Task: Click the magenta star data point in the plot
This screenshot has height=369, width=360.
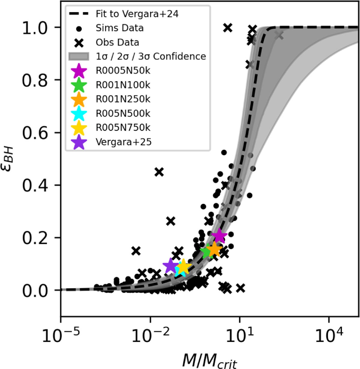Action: pyautogui.click(x=219, y=236)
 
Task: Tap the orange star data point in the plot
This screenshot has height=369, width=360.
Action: pyautogui.click(x=214, y=249)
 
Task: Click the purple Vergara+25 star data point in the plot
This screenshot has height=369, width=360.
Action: pyautogui.click(x=170, y=265)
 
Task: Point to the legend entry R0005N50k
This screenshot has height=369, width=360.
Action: pyautogui.click(x=123, y=71)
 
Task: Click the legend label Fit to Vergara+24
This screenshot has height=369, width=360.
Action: pyautogui.click(x=137, y=14)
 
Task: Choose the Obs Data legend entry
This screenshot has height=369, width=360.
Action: pyautogui.click(x=117, y=42)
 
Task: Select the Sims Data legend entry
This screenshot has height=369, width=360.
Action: pyautogui.click(x=119, y=28)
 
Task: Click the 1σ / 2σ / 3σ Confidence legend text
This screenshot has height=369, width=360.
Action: pyautogui.click(x=151, y=56)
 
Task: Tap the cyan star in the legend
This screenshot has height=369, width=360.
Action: pyautogui.click(x=79, y=113)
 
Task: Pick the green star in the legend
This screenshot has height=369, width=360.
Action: pyautogui.click(x=79, y=85)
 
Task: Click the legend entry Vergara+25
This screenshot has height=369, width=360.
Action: pyautogui.click(x=123, y=142)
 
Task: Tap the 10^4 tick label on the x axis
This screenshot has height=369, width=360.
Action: pyautogui.click(x=329, y=336)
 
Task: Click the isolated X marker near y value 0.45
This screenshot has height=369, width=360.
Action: pyautogui.click(x=159, y=172)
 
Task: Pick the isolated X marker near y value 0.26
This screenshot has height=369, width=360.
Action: pyautogui.click(x=171, y=221)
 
